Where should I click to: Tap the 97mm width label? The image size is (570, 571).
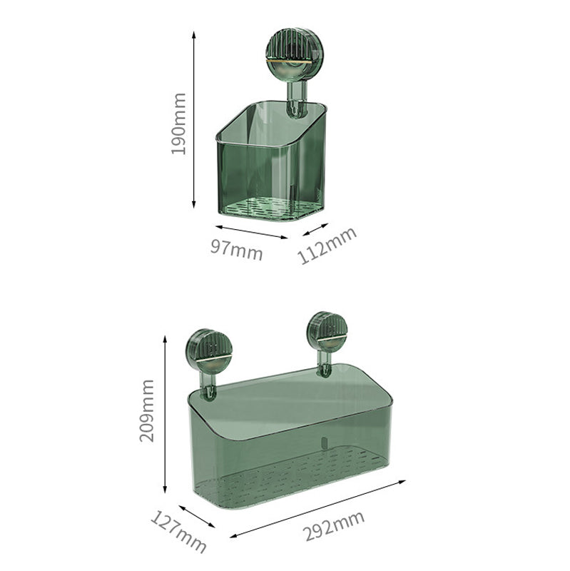pos(236,250)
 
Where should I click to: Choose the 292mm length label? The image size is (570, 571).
pos(334,526)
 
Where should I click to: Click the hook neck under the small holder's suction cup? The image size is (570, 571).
pos(295,100)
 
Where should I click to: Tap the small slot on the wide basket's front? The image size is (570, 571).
pos(325,442)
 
